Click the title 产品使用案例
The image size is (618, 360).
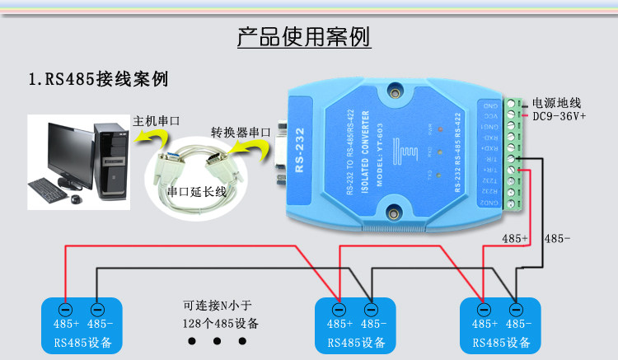[303, 37]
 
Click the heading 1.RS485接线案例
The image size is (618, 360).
[98, 80]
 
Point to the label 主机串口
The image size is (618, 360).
[156, 120]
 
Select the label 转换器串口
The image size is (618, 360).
[241, 132]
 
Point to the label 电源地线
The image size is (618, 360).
[557, 103]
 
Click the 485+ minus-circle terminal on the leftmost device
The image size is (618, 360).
[66, 310]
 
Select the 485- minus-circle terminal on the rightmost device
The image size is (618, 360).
[516, 310]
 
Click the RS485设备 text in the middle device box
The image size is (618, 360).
[355, 342]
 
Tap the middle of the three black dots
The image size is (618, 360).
[218, 341]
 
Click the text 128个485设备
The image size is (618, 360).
[220, 322]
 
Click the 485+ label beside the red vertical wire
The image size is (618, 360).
[515, 239]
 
